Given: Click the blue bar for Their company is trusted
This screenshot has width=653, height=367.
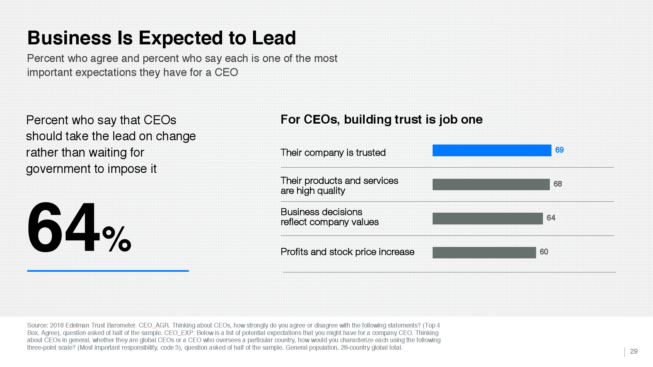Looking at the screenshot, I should click(492, 150).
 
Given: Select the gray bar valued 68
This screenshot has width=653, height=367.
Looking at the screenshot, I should click(491, 184).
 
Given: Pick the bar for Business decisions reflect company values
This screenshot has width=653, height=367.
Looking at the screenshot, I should click(487, 219).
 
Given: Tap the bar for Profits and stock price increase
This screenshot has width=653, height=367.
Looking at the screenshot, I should click(484, 252).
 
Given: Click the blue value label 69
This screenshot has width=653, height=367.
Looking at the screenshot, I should click(559, 150).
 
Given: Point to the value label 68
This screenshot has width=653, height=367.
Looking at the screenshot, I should click(558, 184).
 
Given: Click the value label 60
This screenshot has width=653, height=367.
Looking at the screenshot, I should click(544, 252).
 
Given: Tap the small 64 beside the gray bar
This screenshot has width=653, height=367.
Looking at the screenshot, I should click(551, 218).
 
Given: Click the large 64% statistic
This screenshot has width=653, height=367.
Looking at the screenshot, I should click(79, 228).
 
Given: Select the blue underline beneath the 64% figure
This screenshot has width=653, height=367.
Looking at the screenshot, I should click(108, 271).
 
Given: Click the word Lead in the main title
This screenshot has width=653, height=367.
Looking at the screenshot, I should click(274, 38).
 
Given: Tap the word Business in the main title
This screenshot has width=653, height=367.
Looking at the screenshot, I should click(70, 38).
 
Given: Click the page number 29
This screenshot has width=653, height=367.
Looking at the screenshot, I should click(634, 351).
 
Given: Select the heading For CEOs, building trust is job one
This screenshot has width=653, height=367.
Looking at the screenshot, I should click(381, 120).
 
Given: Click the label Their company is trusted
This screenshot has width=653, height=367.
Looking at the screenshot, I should click(333, 153).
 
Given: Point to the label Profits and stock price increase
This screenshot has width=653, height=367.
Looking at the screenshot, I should click(347, 252).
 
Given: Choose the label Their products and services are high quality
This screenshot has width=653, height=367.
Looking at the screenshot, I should click(339, 186).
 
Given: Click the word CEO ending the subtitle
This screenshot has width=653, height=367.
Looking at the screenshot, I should click(226, 72).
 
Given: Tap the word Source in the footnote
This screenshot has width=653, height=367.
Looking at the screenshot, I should click(37, 326).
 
